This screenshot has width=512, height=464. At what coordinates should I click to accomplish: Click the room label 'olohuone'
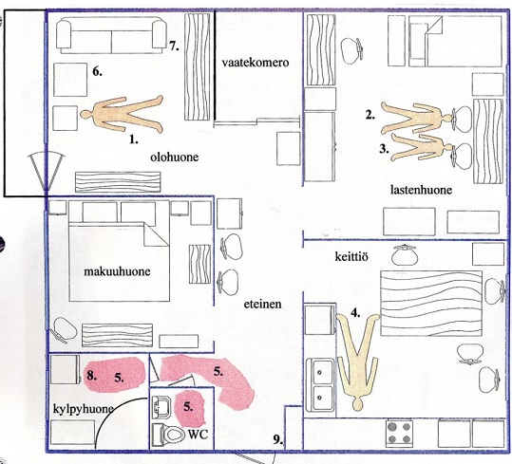[x=175, y=158]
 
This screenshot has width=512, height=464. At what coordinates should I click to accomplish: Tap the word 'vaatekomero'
[x=256, y=63]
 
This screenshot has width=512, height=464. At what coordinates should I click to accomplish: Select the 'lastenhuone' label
[x=421, y=190]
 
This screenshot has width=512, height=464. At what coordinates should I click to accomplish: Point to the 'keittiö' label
[x=351, y=256]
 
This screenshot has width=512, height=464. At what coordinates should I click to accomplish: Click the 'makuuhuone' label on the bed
[x=117, y=271]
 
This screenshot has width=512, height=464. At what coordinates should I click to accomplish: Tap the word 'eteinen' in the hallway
[x=262, y=304]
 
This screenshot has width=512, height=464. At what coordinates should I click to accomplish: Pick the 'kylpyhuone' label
[x=84, y=410]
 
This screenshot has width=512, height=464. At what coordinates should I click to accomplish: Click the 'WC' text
[x=198, y=434]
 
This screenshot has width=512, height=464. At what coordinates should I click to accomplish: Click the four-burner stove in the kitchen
[x=399, y=434]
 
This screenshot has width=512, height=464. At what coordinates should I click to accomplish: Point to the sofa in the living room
[x=111, y=36]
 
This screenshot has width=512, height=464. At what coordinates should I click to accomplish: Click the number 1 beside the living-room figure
[x=134, y=139]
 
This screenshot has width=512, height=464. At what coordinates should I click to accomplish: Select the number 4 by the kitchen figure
[x=355, y=313]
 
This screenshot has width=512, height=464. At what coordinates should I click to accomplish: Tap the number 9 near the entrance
[x=278, y=441]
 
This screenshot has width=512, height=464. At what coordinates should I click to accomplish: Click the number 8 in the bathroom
[x=92, y=376]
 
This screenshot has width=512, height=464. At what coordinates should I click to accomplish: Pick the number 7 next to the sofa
[x=174, y=46]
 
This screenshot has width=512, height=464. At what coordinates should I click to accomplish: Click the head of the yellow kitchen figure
[x=358, y=404]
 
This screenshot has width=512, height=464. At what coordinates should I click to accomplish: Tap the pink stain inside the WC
[x=189, y=408]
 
